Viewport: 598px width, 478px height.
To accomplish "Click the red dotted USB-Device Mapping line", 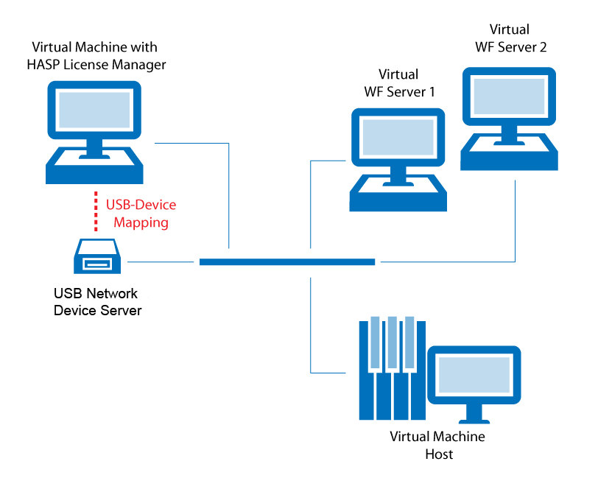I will pos(96,212).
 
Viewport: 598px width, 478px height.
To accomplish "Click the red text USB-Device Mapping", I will pos(141,213).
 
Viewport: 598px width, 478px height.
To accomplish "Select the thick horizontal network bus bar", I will pos(287,261).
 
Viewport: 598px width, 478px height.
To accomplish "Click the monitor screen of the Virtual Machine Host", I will pos(474,378).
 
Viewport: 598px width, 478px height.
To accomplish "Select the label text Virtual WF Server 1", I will pos(398,83).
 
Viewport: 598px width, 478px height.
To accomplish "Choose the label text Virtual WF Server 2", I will pos(509,38).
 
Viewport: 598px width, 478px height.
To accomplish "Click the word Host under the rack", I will pos(439,454).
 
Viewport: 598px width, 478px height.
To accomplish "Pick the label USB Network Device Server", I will pos(97,302).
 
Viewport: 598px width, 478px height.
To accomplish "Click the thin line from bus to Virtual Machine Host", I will pos(312,324).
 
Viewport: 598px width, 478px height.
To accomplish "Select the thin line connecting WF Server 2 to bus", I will pos(515,221).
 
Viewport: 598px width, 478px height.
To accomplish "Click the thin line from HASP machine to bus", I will pos(229,199).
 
